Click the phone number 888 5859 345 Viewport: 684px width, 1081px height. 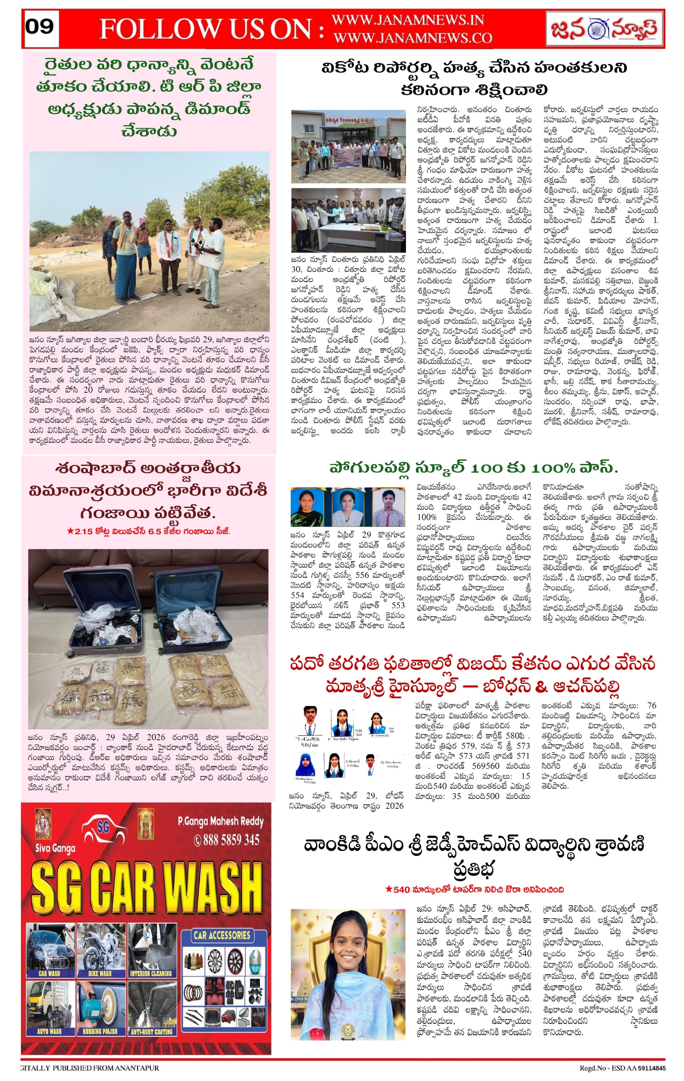[227, 840]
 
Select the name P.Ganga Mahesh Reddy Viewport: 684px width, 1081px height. [220, 822]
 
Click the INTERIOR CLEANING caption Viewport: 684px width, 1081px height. [151, 974]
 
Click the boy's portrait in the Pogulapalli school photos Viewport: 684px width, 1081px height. [389, 506]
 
